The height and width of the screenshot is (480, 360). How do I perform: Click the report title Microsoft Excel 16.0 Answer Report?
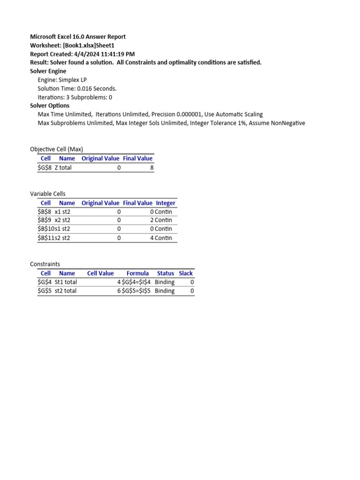78,37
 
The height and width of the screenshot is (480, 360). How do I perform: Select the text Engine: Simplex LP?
62,80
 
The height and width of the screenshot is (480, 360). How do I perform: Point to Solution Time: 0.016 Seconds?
77,89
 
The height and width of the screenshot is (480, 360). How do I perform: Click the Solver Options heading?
50,106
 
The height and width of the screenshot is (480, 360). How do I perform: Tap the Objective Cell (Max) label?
56,149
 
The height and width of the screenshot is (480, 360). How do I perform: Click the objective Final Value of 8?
151,167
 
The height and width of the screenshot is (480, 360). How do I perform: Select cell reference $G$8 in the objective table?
45,167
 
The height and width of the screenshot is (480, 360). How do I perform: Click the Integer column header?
165,203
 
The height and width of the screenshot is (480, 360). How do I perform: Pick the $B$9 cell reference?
45,220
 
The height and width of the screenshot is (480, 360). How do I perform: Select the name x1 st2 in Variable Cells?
62,212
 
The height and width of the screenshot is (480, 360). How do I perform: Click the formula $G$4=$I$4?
136,282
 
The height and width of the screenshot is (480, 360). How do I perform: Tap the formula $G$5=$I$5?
136,291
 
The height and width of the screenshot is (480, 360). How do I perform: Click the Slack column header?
186,273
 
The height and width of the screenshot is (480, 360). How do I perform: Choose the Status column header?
165,273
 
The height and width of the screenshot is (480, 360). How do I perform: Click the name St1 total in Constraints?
66,282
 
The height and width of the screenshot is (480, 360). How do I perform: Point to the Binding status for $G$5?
165,291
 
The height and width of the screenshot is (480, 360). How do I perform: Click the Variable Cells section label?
48,194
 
